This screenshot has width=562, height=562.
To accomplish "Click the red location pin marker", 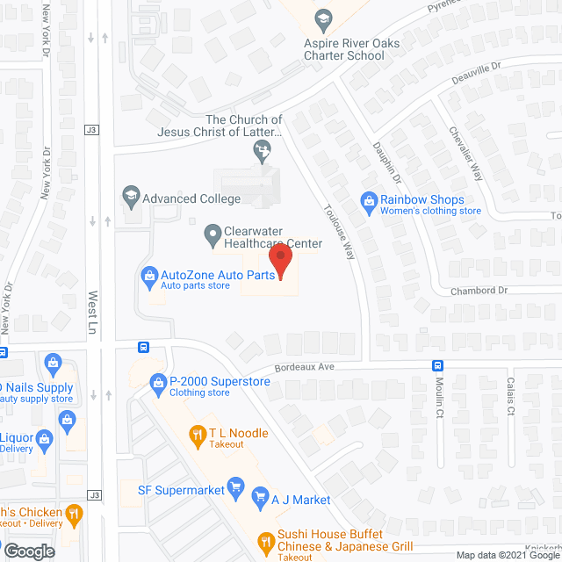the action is [279, 262].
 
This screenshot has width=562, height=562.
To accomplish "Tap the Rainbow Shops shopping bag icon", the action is [370, 204].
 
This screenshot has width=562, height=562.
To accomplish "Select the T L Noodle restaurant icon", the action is [198, 433].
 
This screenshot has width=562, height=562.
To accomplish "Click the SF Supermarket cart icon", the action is [234, 486].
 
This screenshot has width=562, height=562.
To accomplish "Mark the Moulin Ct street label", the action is [440, 396].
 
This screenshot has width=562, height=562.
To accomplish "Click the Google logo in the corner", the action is [30, 551].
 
